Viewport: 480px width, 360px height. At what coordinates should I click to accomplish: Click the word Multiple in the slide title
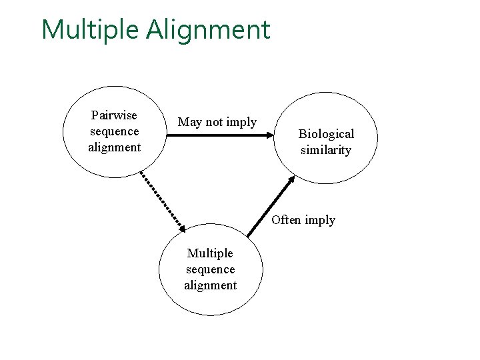(x=90, y=30)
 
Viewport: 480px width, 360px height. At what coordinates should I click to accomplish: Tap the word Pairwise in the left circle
(x=114, y=115)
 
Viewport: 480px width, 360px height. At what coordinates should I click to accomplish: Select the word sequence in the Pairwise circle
(x=114, y=131)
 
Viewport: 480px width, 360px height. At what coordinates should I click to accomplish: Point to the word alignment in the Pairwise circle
(x=114, y=147)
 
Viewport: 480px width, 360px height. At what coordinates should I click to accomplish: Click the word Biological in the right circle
(x=326, y=134)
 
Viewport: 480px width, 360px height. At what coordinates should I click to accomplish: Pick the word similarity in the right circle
(x=326, y=150)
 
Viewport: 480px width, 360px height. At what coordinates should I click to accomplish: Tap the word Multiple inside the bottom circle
(x=210, y=253)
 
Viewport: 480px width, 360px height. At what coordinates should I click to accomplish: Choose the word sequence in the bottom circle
(x=210, y=269)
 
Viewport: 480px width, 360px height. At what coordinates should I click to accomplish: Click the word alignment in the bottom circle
(x=210, y=285)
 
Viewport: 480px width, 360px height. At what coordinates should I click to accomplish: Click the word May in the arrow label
(x=189, y=122)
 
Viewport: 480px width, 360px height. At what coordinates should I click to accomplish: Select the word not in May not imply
(x=214, y=122)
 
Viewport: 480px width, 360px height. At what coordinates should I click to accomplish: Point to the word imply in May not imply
(x=241, y=123)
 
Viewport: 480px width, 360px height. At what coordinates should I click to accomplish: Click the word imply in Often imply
(x=320, y=221)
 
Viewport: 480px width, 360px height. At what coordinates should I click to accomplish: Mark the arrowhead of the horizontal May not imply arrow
(x=269, y=135)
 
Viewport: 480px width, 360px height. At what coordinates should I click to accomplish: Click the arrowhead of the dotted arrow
(x=182, y=227)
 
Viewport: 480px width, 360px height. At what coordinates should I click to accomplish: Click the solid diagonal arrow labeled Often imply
(x=270, y=207)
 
